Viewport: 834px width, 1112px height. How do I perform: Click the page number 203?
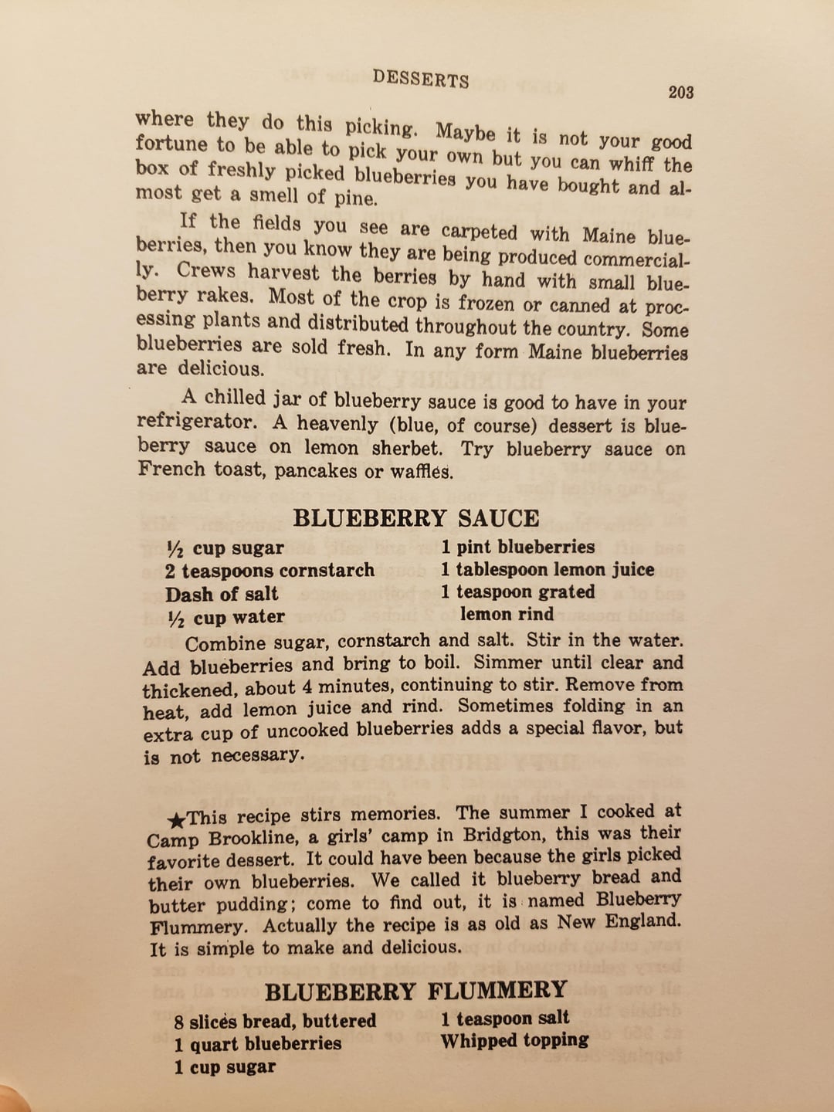tap(680, 93)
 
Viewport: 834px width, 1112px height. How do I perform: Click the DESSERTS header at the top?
tap(420, 78)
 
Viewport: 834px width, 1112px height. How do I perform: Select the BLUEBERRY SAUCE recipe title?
tap(416, 517)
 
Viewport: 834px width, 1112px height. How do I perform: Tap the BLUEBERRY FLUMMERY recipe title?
tap(416, 991)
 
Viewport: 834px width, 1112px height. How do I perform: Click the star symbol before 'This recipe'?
tap(176, 819)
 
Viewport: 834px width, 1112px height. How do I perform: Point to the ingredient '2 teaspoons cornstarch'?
tap(270, 571)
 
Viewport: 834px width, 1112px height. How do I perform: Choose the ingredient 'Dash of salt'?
tap(222, 594)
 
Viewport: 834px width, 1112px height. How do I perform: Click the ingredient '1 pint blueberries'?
tap(517, 548)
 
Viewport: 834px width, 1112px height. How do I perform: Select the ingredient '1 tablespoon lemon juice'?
tap(548, 570)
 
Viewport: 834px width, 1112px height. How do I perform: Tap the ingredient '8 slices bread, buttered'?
tap(275, 1022)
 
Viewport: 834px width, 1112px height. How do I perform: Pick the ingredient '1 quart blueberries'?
tap(257, 1044)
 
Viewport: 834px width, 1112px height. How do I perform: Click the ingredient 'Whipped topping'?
tap(514, 1041)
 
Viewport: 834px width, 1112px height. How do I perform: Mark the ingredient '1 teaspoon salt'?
tap(505, 1019)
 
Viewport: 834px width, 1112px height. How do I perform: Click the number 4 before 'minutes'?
tap(307, 686)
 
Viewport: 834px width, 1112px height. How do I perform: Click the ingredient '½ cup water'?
tap(225, 617)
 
